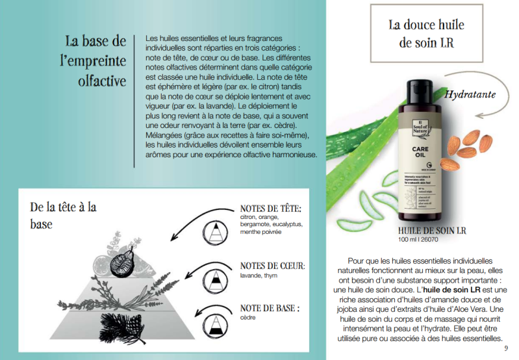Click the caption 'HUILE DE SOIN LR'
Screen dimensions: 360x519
[432, 231]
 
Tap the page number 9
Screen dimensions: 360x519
[506, 348]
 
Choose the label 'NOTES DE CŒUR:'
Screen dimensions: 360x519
[272, 266]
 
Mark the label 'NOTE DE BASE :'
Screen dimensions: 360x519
[270, 308]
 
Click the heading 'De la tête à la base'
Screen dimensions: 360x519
[63, 215]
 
